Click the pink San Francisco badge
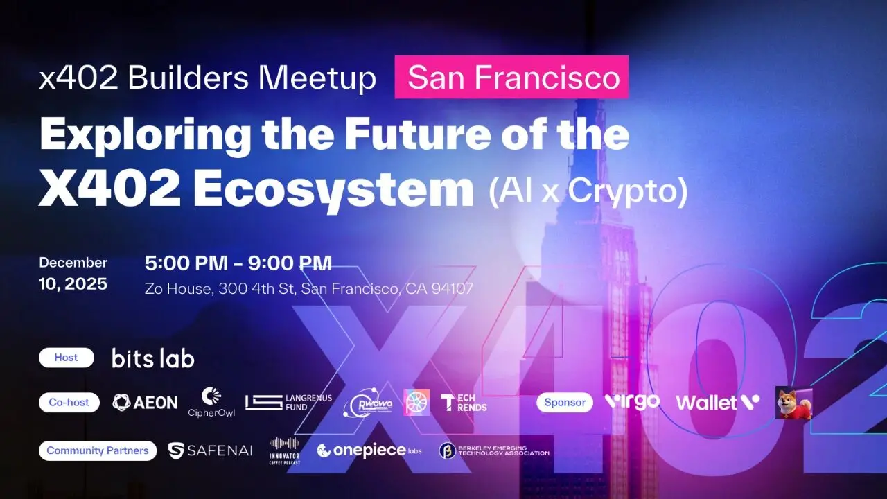tap(511, 77)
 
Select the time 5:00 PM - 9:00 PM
tap(238, 263)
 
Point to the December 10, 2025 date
tap(73, 273)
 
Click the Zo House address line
tap(308, 288)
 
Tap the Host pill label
tap(66, 358)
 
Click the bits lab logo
tap(152, 358)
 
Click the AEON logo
tap(145, 402)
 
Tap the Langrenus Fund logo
tap(288, 402)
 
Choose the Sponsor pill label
tap(564, 402)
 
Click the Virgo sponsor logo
tap(632, 401)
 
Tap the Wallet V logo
tap(717, 402)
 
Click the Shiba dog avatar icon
tap(793, 403)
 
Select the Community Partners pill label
tap(98, 450)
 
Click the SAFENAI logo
tap(211, 450)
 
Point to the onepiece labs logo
tap(369, 450)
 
